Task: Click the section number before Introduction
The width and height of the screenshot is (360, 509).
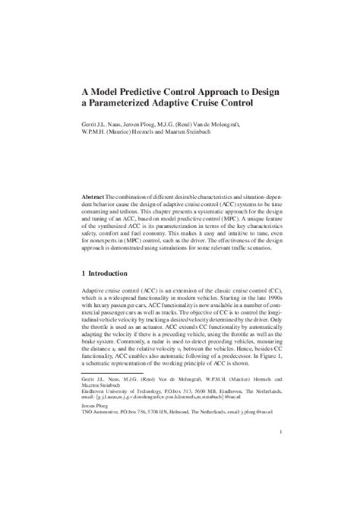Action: pos(83,273)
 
